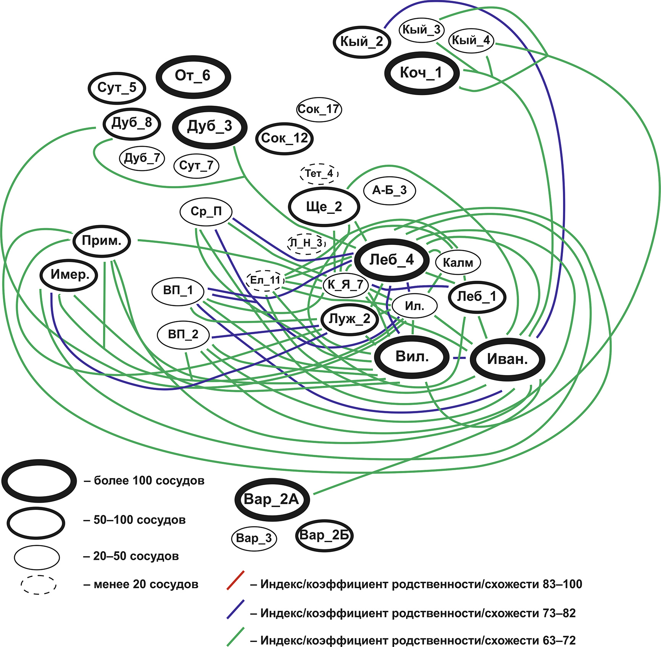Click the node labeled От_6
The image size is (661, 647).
[193, 76]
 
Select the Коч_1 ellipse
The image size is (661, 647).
[421, 73]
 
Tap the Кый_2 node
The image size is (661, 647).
[362, 42]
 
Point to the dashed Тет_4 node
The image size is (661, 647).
[319, 174]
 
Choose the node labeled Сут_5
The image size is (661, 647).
[117, 88]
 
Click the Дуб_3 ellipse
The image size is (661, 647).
[210, 127]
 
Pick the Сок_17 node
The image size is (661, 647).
[319, 110]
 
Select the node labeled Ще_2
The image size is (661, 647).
[324, 207]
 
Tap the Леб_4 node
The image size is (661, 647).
[392, 260]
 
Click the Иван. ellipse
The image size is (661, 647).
[507, 359]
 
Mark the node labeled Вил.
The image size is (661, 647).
[412, 357]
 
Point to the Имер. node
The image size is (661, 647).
[69, 275]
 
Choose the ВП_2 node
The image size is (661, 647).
[183, 335]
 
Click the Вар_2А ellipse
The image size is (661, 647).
[272, 500]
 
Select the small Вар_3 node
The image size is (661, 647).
[254, 538]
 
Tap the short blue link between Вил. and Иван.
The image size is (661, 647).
[459, 358]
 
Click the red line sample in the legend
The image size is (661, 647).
[235, 580]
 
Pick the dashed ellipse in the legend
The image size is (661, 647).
[38, 584]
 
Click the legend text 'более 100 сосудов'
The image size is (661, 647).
[149, 480]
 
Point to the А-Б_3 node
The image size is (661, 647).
[389, 190]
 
